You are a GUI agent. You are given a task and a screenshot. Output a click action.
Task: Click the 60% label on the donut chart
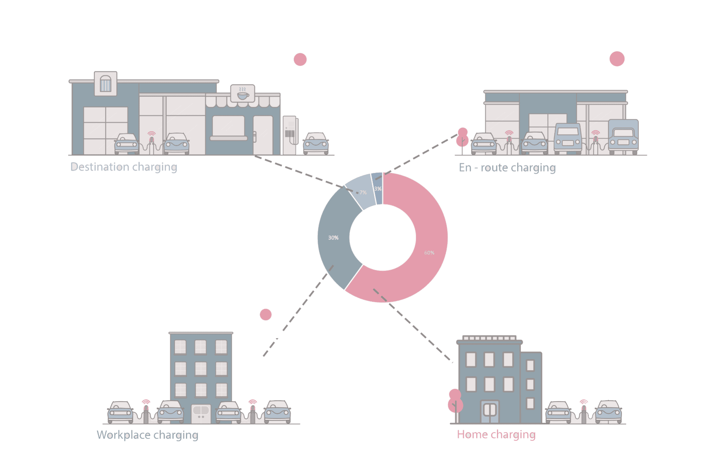coord(429,253)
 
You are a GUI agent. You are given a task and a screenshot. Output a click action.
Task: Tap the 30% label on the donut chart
coord(333,238)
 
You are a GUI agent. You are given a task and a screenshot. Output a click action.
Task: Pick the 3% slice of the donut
coord(377,188)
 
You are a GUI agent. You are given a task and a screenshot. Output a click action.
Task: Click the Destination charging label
coord(124,167)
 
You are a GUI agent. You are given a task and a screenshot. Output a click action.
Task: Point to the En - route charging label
coord(507,168)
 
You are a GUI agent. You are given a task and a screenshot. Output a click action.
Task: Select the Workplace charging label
coord(147,435)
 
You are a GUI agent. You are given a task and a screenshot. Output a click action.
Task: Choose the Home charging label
coord(496,434)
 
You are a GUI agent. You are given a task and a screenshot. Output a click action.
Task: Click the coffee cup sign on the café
coord(243,94)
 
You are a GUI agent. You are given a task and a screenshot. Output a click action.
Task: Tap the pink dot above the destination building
coord(300,59)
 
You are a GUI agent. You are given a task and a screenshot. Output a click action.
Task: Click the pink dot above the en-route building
coord(617,59)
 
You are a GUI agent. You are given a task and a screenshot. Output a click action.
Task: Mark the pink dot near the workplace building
coord(265,314)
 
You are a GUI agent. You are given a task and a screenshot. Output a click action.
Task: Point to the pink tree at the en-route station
coord(463,138)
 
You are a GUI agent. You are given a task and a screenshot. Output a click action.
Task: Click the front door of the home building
coord(490,411)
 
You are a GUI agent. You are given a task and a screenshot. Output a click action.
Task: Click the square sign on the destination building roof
coord(105,84)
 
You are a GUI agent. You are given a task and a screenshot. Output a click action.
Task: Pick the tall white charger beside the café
coord(290,135)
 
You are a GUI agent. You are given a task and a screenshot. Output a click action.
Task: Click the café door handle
coord(255,136)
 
